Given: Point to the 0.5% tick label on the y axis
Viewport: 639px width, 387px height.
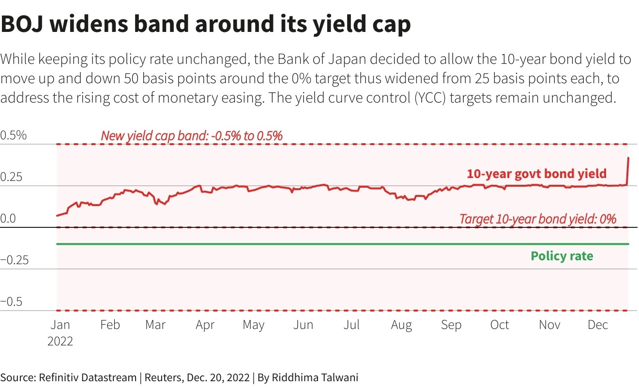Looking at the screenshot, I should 14,135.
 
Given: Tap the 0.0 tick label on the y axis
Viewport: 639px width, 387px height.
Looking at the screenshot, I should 8,219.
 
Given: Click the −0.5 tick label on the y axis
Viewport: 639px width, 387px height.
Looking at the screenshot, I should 12,302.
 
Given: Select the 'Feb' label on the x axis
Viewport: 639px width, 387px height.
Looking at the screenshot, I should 110,325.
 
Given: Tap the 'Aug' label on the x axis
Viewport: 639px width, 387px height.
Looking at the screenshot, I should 401,325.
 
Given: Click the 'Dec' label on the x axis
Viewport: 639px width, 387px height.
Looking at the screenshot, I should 598,325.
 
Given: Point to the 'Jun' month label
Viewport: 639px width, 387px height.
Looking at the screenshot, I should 303,325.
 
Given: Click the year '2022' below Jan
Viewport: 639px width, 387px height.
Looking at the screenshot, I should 60,341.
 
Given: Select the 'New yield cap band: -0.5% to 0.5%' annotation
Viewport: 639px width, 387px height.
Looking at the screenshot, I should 192,136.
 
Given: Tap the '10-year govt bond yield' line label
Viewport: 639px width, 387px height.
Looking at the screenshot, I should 536,174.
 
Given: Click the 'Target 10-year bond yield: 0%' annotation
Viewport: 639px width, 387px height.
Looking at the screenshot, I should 538,219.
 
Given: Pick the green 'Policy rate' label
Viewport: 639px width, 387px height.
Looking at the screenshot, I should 562,256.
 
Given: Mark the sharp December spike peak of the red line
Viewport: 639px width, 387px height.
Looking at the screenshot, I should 628,158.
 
